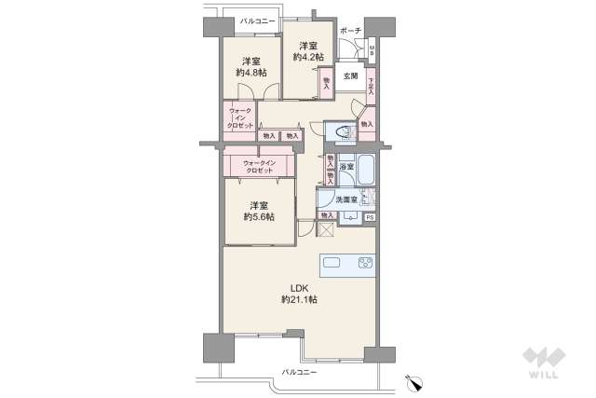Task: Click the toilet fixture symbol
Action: (341, 132)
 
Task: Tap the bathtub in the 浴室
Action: (364, 172)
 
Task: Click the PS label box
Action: (370, 217)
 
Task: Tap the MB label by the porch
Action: (372, 51)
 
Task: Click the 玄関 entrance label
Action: (349, 76)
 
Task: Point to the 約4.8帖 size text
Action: (251, 71)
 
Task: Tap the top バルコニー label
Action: (256, 20)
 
